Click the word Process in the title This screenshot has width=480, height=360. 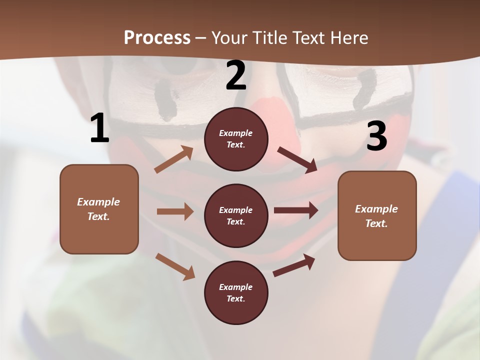[157, 38]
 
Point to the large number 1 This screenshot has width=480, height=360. [99, 128]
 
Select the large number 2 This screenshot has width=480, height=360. [236, 76]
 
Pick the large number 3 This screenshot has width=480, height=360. [376, 136]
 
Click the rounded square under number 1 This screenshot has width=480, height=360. [99, 209]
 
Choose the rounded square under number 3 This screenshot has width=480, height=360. [377, 216]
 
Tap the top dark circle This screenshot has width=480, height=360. [236, 139]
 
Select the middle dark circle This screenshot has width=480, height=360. [236, 215]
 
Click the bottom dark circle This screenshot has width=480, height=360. [236, 292]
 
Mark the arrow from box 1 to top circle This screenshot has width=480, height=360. [174, 159]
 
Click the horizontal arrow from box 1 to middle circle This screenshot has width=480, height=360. [175, 211]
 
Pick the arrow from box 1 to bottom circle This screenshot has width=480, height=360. [175, 266]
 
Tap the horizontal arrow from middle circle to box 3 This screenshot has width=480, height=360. [296, 210]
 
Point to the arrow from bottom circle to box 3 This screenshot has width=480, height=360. [294, 265]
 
